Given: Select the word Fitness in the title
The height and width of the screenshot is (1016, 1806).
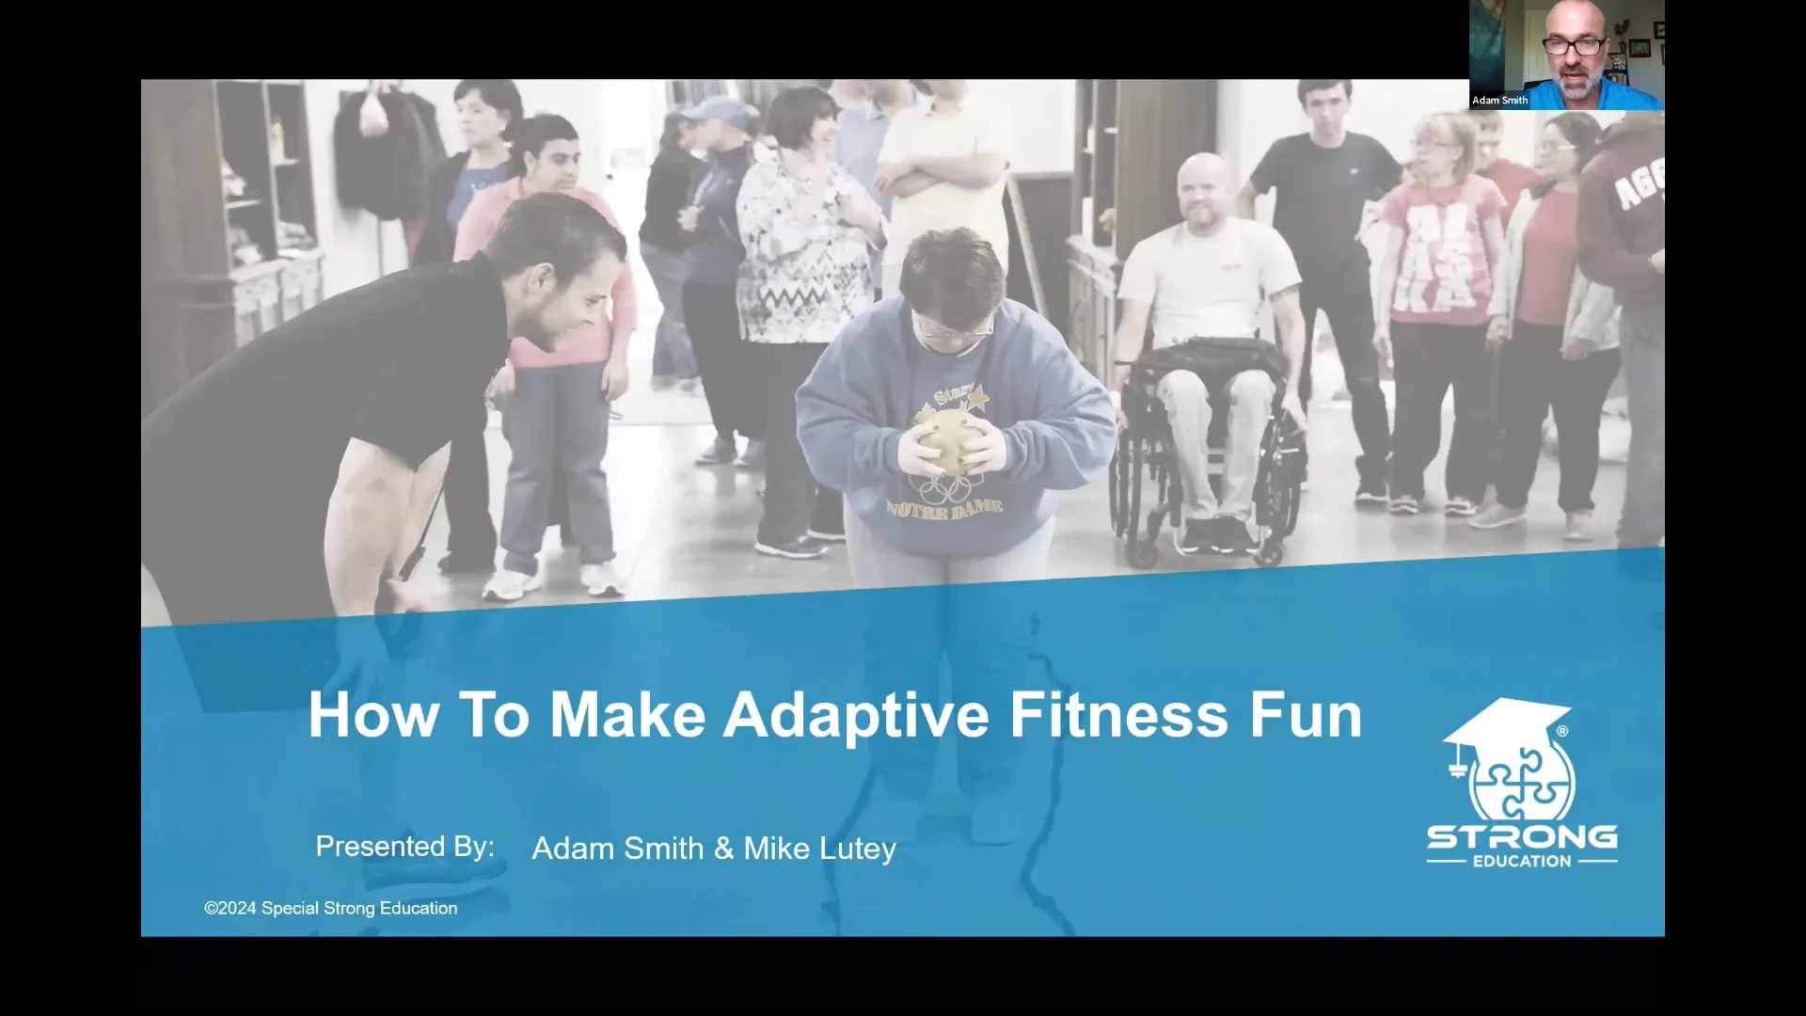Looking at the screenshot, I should (1118, 716).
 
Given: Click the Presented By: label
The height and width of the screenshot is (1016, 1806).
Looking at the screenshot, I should (404, 847).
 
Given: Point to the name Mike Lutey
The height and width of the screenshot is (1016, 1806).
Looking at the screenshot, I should (819, 849).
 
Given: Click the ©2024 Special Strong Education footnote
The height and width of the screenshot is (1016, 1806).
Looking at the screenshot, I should (331, 909).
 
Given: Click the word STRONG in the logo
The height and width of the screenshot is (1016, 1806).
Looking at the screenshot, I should (1522, 836).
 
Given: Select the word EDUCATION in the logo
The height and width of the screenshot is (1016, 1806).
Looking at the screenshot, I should (1522, 861).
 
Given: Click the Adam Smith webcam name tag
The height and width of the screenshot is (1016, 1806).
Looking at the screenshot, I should (1499, 100).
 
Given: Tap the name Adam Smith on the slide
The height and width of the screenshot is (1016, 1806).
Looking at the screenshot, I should (617, 849).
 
